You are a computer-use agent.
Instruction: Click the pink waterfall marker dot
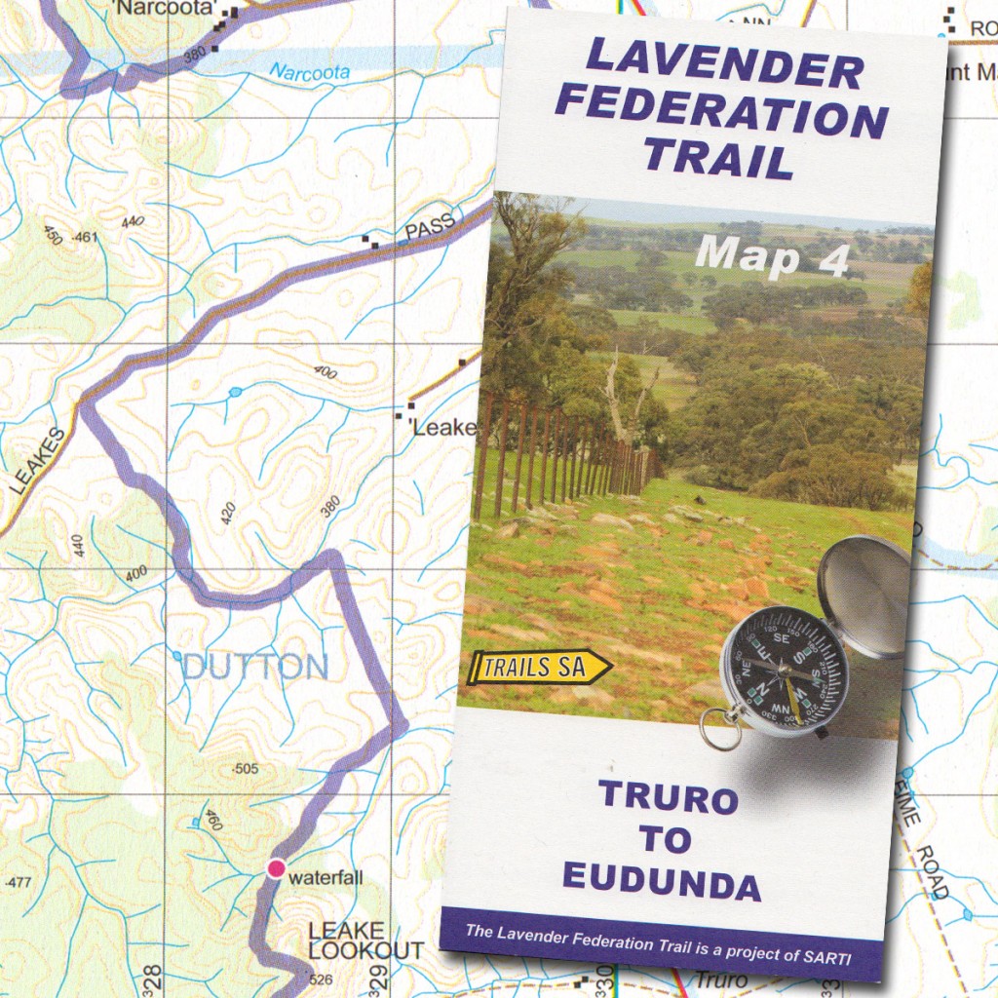(x=276, y=867)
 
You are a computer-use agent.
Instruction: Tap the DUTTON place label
(x=255, y=668)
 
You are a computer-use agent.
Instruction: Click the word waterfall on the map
(x=326, y=878)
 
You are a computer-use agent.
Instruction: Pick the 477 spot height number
(x=19, y=883)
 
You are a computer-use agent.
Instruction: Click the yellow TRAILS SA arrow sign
(x=539, y=668)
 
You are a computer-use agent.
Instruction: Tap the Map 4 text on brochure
(x=773, y=254)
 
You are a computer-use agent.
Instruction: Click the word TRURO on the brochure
(x=669, y=797)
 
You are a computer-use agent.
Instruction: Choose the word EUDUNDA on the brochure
(x=662, y=883)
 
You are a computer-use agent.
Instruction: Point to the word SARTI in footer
(x=825, y=958)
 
